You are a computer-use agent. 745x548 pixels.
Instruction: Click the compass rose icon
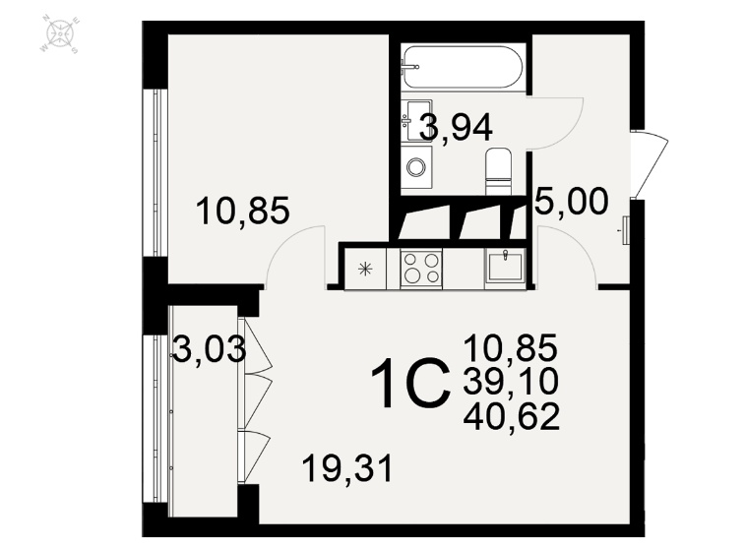(x=59, y=34)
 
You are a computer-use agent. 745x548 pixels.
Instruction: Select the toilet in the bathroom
(x=499, y=171)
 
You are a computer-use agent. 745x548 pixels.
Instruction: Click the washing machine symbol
(x=416, y=167)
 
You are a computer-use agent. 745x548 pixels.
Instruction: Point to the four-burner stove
(x=421, y=268)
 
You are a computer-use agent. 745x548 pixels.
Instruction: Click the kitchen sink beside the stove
(x=505, y=268)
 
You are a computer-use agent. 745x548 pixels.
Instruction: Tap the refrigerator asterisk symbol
(x=365, y=270)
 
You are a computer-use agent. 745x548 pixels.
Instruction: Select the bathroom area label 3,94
(x=456, y=128)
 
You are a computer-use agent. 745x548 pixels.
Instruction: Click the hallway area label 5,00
(x=571, y=202)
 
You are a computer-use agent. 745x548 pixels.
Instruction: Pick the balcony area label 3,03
(x=209, y=349)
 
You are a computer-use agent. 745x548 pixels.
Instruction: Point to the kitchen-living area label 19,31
(x=347, y=468)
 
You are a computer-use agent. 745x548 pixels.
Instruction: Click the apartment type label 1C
(x=410, y=384)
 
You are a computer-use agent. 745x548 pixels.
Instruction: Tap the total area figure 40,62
(x=511, y=416)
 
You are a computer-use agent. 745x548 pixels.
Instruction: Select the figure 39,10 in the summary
(x=511, y=382)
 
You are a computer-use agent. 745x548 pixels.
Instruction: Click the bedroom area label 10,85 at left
(x=242, y=212)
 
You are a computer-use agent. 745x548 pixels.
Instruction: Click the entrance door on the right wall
(x=650, y=164)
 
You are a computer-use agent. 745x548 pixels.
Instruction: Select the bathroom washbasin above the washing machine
(x=416, y=121)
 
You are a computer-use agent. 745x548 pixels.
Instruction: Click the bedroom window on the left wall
(x=157, y=173)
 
